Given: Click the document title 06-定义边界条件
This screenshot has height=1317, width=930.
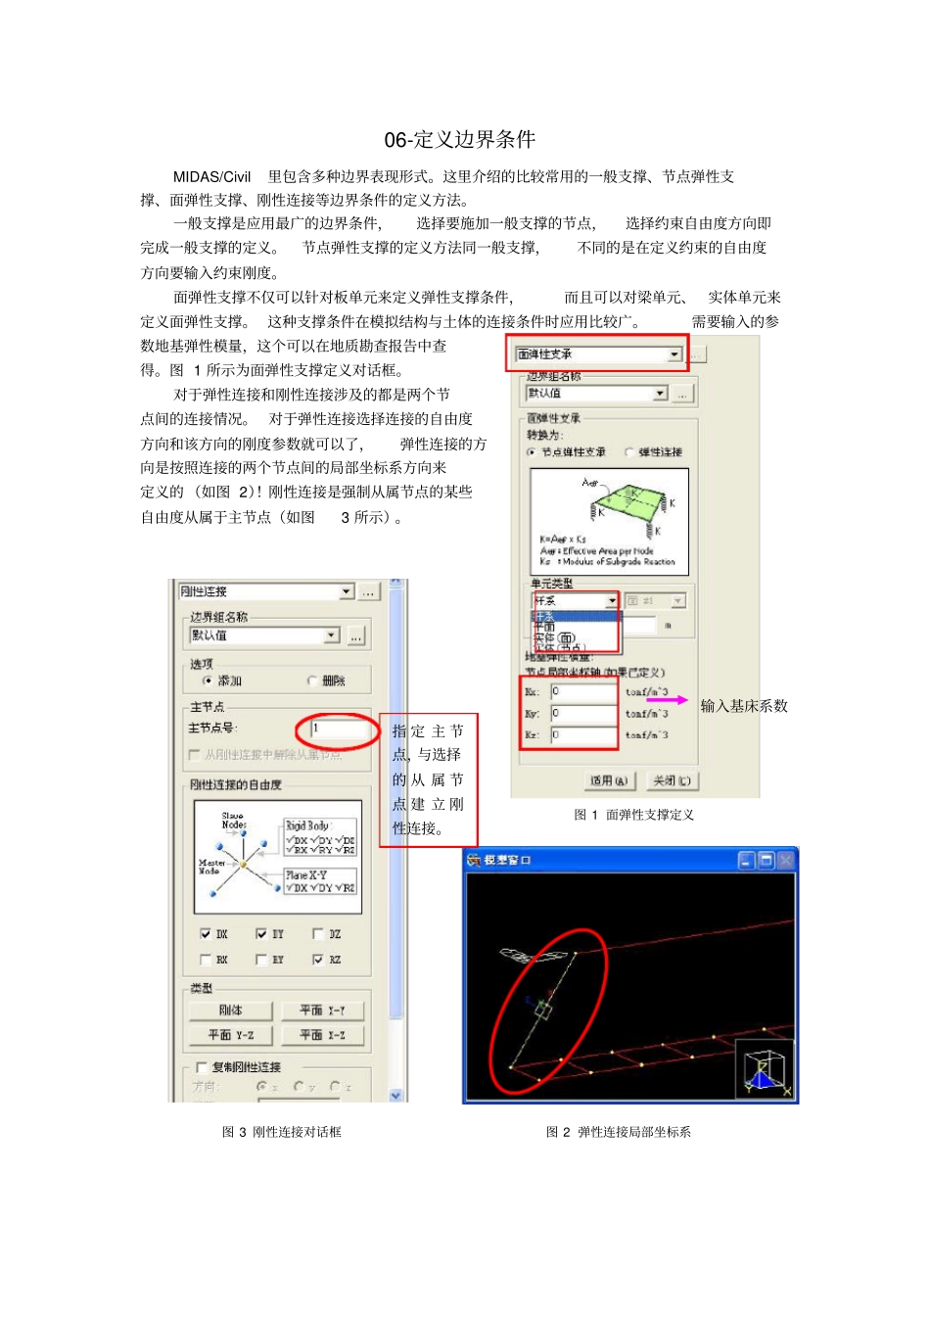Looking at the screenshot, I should [459, 140].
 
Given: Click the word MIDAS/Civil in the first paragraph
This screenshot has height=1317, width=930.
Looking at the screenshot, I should [211, 177].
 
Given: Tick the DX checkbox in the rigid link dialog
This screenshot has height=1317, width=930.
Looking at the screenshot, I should [206, 934].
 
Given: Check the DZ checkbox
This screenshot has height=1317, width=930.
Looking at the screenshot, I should [318, 934].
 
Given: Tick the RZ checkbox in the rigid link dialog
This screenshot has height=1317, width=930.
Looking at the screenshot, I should [318, 960].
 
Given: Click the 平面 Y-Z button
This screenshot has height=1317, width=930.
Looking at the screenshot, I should [231, 1035].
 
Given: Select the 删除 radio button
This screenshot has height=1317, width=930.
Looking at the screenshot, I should [313, 681].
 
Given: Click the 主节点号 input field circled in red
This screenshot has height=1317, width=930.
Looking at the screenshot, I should [338, 729].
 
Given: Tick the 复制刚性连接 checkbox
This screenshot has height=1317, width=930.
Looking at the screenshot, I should [202, 1067].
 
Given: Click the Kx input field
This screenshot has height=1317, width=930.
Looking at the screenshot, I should [582, 691].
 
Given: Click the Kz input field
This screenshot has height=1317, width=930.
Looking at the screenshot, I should [582, 734].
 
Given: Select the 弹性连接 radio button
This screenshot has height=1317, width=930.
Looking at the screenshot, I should [629, 452].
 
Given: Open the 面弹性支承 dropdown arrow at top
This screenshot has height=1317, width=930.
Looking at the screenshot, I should [674, 354].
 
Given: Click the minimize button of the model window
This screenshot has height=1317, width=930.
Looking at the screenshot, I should [746, 861].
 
